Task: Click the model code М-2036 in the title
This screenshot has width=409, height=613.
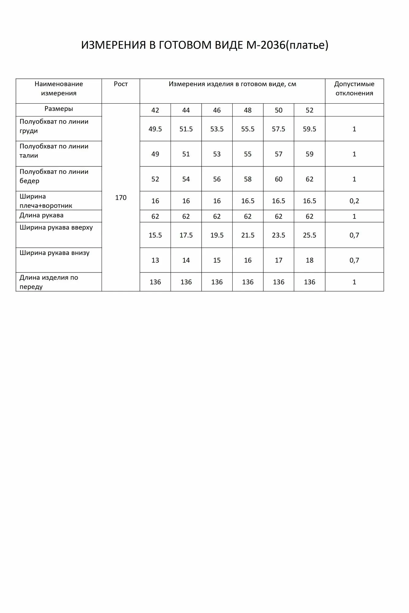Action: point(266,45)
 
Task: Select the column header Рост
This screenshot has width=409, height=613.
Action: point(121,84)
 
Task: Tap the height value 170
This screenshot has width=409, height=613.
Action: point(121,198)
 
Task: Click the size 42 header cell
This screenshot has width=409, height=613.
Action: point(155,110)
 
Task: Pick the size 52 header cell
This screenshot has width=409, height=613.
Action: point(309,110)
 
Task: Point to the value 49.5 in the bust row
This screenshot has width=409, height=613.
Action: point(155,129)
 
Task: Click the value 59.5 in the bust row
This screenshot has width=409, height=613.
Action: point(309,129)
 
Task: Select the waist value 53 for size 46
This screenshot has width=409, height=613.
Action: point(217,154)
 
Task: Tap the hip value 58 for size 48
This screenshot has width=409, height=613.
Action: point(248,179)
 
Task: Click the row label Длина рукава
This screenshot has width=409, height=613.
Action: point(41,215)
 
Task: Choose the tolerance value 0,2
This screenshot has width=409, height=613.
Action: point(354,201)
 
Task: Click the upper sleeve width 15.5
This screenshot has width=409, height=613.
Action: point(155,235)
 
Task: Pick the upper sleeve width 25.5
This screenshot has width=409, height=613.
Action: point(309,235)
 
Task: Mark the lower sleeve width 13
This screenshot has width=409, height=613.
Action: point(155,260)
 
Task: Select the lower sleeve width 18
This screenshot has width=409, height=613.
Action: point(309,260)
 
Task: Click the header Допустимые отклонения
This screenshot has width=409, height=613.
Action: point(354,89)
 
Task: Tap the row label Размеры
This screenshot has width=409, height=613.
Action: point(59,109)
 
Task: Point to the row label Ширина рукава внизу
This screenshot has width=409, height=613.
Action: point(55,253)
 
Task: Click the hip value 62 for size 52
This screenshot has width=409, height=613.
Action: point(309,179)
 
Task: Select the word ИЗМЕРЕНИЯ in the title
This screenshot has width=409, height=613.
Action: point(113,45)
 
